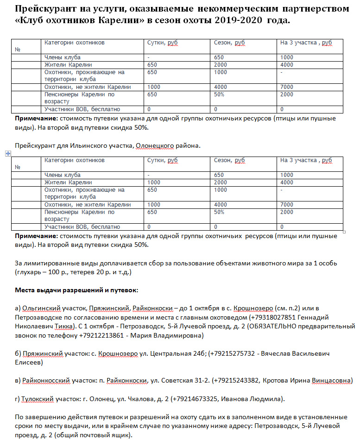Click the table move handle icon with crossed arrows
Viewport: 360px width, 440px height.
pos(7,153)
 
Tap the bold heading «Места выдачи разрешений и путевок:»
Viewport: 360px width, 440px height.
pos(76,290)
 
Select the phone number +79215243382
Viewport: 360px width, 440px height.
pos(237,380)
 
